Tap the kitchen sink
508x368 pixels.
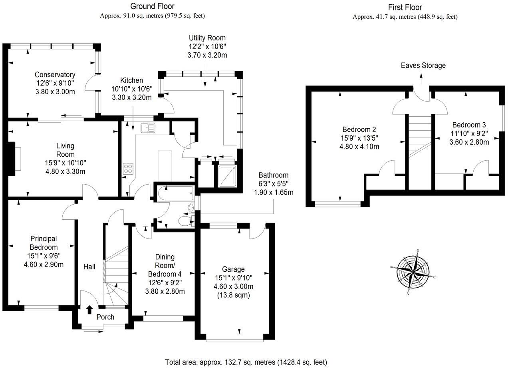pyautogui.click(x=148, y=128)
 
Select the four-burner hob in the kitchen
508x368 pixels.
pyautogui.click(x=128, y=169)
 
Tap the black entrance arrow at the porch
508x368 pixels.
pyautogui.click(x=89, y=309)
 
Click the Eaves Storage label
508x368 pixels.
pyautogui.click(x=423, y=66)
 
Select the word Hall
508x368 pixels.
pyautogui.click(x=89, y=266)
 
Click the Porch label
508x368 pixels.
pyautogui.click(x=105, y=317)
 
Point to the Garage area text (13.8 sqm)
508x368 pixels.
pyautogui.click(x=234, y=296)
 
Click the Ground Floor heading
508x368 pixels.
pyautogui.click(x=153, y=6)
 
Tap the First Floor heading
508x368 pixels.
pyautogui.click(x=405, y=7)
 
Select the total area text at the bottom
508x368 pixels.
pyautogui.click(x=246, y=362)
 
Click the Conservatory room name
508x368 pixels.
pyautogui.click(x=55, y=75)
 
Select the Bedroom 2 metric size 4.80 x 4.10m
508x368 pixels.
pyautogui.click(x=359, y=146)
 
